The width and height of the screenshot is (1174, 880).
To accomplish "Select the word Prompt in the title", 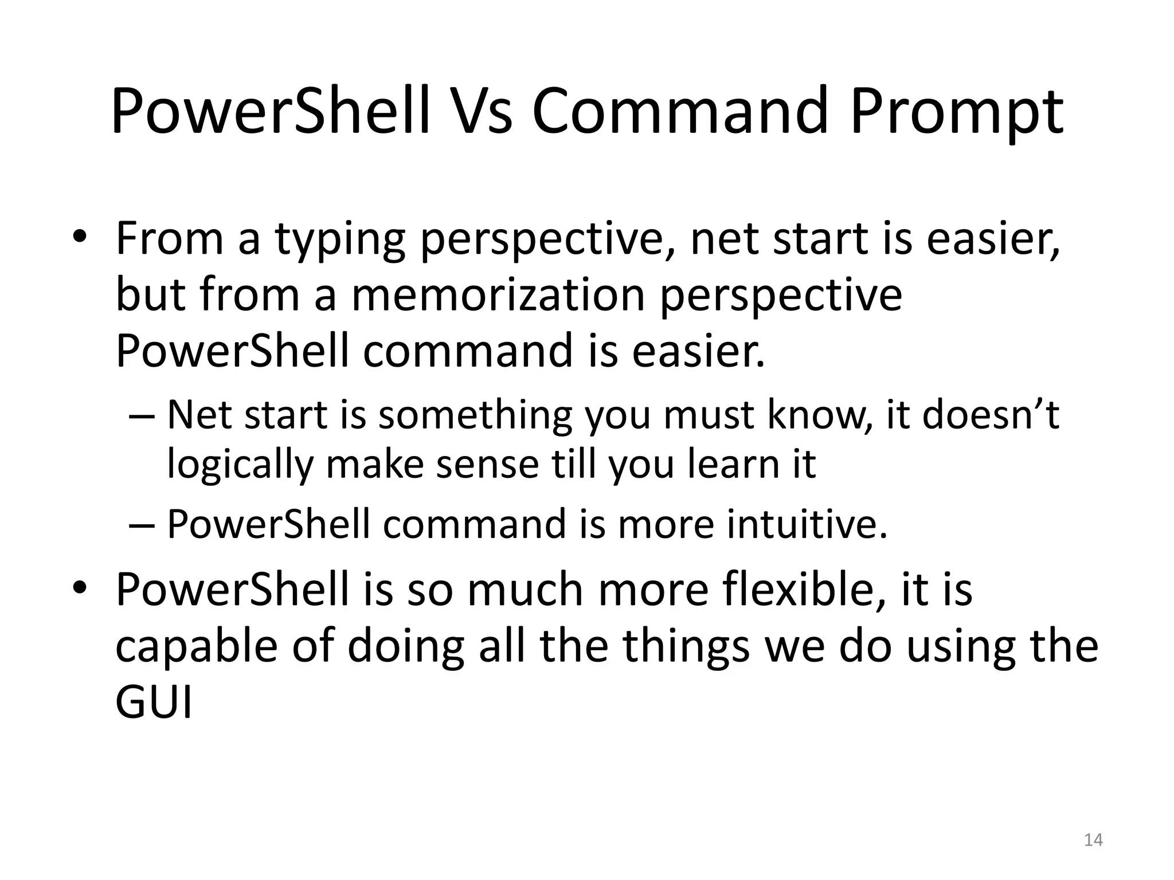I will coord(956,112).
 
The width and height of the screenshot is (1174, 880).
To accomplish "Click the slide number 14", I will coord(1093,840).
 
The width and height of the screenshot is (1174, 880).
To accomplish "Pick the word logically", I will coord(240,465).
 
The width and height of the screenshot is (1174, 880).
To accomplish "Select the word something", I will coord(475,415).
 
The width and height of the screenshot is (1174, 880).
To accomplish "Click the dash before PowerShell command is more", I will coord(142,525).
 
